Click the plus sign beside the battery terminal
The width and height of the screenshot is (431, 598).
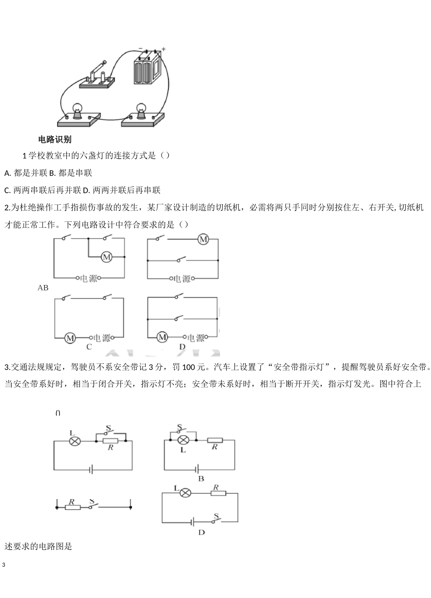tap(163, 49)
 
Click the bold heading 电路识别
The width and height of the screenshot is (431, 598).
tap(55, 139)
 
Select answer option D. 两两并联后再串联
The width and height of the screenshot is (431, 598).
tap(122, 190)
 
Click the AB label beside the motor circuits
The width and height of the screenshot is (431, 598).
tap(43, 288)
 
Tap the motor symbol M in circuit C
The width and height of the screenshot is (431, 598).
tap(70, 338)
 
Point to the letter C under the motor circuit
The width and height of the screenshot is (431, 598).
tap(89, 347)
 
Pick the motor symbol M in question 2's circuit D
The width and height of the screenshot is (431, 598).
tap(162, 337)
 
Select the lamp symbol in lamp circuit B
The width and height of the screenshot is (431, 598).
tap(183, 440)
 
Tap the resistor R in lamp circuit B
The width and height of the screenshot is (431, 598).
tap(215, 440)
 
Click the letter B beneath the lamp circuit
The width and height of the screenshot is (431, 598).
tap(201, 479)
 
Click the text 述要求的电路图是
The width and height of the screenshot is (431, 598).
tap(39, 546)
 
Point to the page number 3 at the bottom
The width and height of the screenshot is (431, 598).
tap(4, 565)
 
